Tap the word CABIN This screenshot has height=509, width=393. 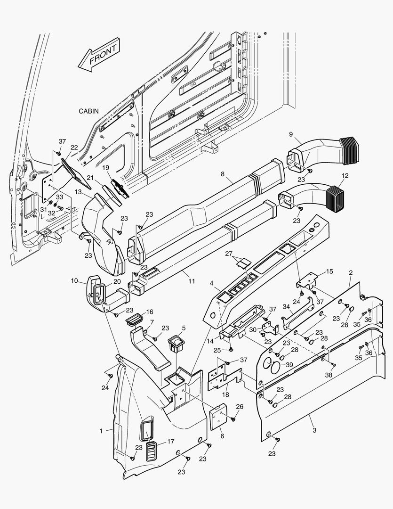(88, 111)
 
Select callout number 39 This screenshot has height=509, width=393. (289, 365)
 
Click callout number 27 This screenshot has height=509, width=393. (229, 254)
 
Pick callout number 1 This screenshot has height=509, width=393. (101, 430)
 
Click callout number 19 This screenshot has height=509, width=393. (105, 167)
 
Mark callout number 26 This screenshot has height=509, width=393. (240, 406)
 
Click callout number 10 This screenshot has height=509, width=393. (74, 281)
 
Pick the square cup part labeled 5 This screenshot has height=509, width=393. (177, 343)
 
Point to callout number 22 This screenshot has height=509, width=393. (74, 148)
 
